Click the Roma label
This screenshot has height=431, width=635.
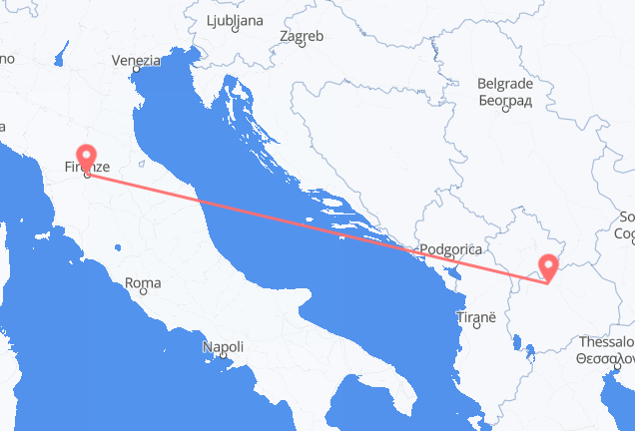tap(144, 283)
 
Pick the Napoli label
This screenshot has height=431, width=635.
tap(223, 347)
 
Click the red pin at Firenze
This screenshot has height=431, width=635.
tap(86, 159)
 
